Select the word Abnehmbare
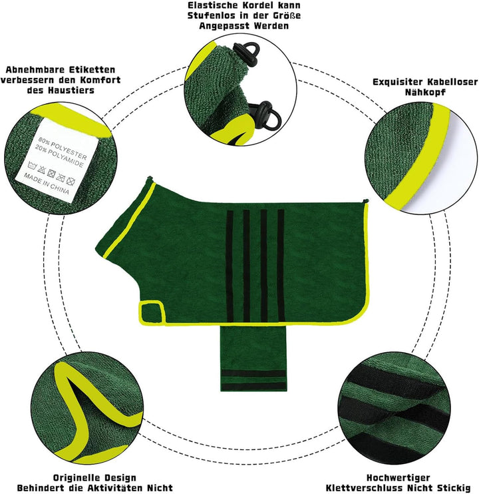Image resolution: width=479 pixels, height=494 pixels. [x=31, y=70]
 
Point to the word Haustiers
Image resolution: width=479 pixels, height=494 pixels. [x=71, y=91]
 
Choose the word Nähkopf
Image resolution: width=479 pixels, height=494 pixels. [x=425, y=93]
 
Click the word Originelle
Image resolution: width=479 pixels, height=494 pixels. [x=73, y=477]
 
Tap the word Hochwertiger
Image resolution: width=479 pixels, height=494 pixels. [x=399, y=477]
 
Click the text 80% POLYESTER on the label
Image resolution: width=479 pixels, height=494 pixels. [x=63, y=148]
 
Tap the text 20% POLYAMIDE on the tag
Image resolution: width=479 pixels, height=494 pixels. [x=59, y=156]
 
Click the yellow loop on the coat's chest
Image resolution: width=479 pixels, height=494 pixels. [x=152, y=312]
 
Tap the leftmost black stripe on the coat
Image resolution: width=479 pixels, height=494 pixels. [x=230, y=266]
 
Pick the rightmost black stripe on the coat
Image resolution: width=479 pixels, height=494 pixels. [x=281, y=266]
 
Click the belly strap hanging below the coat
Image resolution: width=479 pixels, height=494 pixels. [x=253, y=359]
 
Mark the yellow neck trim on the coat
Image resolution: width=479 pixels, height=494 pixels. [x=129, y=220]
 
